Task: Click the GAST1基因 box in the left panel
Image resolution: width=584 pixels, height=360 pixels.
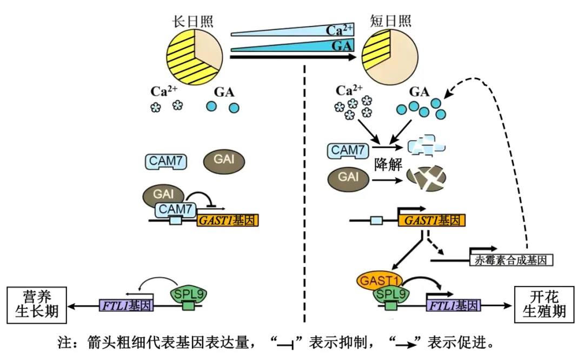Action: pos(228,220)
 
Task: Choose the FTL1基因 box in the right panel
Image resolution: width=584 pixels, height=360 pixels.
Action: pos(454,305)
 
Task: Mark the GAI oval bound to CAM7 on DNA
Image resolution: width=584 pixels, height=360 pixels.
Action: pos(163,194)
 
